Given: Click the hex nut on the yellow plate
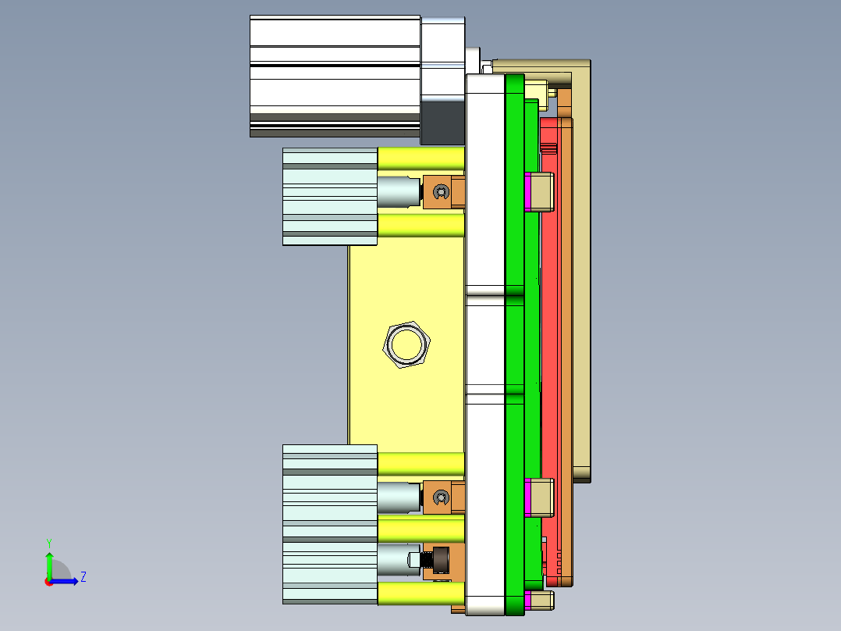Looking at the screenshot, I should tap(407, 344).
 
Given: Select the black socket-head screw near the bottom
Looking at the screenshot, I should tap(438, 560).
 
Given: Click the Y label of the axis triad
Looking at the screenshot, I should tap(48, 542).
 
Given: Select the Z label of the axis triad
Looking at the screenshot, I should tap(83, 577).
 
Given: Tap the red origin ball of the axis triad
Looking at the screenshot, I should tap(48, 581).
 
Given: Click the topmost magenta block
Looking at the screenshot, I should tap(528, 191).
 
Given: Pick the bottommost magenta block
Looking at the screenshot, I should tap(528, 600).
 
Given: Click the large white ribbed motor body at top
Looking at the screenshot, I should tap(335, 75).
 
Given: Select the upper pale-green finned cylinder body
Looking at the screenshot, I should tap(329, 196).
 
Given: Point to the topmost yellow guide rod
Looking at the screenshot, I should tap(420, 159).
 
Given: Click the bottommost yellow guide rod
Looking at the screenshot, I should tap(420, 594).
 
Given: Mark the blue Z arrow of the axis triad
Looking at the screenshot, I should tap(67, 581).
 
